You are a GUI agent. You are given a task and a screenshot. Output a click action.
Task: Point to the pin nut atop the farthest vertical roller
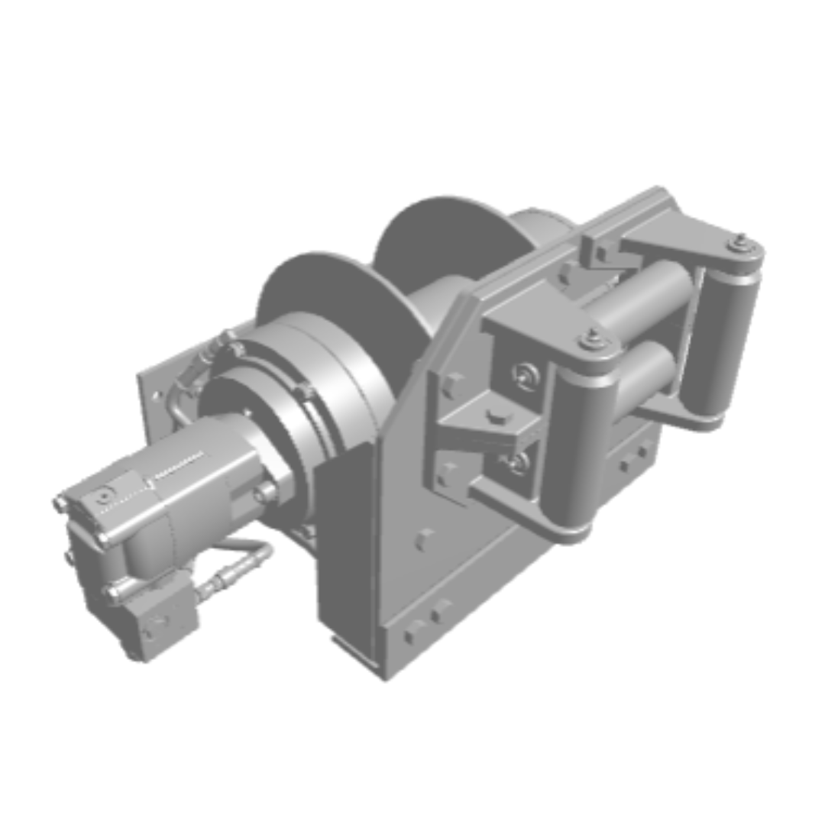[739, 244]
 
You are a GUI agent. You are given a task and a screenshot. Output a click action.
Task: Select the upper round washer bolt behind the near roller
[526, 375]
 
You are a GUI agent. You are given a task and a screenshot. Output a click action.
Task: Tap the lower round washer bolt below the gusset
[519, 462]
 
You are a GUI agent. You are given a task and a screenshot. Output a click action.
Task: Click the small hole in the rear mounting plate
[157, 396]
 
